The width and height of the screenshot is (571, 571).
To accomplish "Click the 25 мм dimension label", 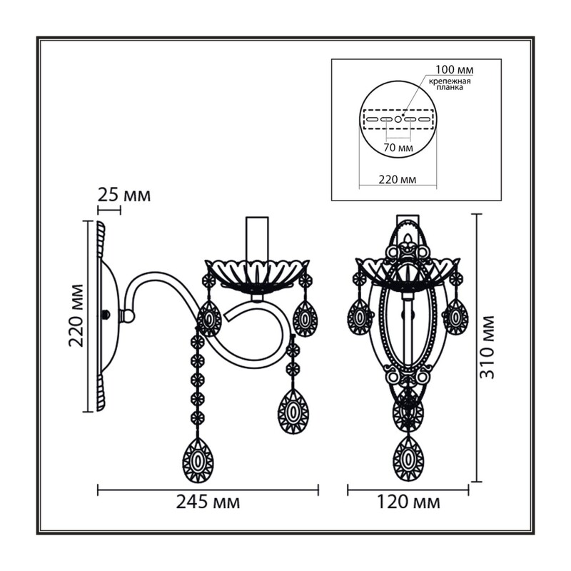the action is coord(123,196).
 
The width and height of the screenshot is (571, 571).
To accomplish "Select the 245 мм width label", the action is coord(208,502).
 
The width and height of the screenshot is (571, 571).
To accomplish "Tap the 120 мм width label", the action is coord(408,502).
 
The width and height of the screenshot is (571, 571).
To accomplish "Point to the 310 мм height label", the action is coord(487,348).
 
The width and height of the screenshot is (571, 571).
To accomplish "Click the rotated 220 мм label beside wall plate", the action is coord(76,315).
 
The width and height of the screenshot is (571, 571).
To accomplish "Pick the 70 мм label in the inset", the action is coord(398,148).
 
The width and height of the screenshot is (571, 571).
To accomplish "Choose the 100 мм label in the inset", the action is coord(455,69).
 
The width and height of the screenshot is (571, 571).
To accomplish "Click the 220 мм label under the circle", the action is coord(398,180).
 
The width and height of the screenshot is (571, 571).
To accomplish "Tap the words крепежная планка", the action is coord(450,84).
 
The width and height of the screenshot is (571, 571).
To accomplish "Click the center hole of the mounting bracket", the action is coord(398,119).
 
